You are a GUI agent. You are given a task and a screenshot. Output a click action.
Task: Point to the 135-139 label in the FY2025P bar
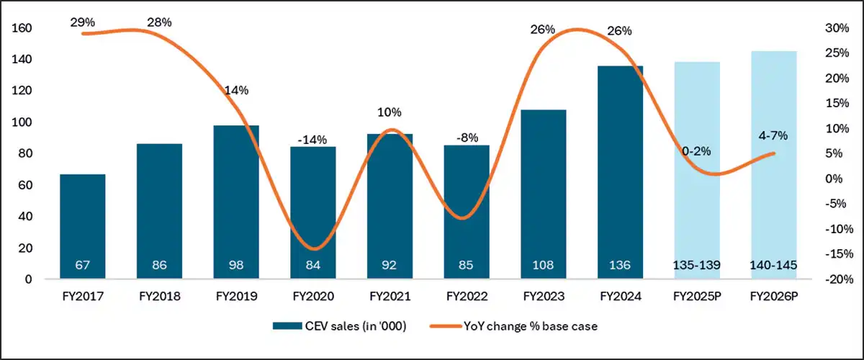click(696, 265)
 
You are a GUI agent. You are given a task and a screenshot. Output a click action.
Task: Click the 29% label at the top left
click(83, 22)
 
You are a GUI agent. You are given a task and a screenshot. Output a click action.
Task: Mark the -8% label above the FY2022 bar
click(467, 138)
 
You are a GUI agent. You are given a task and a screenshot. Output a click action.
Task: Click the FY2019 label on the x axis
click(236, 296)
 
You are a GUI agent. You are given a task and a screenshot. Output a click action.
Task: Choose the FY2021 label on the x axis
click(390, 296)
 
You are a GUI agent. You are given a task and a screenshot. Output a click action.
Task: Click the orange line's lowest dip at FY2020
click(313, 248)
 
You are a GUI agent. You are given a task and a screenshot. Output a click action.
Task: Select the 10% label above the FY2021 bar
click(390, 112)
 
